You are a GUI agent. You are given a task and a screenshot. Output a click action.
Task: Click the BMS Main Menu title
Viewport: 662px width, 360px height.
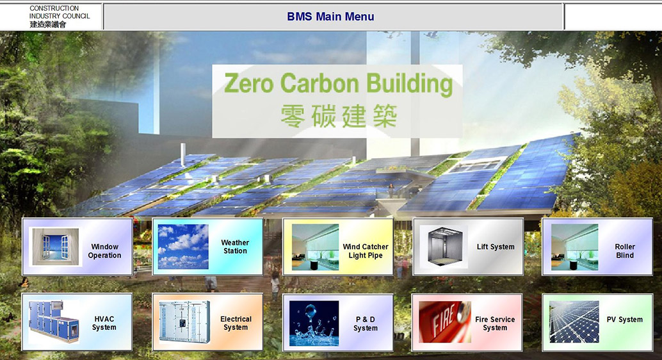tap(330, 17)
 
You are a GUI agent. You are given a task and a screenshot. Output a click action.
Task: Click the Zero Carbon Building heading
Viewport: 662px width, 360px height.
tap(338, 83)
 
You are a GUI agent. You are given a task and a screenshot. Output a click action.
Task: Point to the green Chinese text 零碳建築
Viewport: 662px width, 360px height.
tap(339, 116)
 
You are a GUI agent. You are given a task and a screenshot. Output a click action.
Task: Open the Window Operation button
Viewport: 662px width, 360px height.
tap(77, 247)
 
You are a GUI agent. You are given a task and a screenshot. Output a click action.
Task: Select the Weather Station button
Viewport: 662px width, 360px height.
tap(207, 247)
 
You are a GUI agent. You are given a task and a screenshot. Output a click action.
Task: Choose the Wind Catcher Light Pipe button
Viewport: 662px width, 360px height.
tap(338, 247)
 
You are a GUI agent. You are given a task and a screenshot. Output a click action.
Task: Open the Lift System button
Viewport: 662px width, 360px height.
tap(468, 247)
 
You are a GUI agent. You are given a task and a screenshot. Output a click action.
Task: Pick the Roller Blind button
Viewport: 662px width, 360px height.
tap(597, 247)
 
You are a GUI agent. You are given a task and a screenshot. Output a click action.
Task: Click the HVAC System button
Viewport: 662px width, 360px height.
tap(77, 322)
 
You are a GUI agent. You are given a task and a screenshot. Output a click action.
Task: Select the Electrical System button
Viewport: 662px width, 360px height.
tap(207, 322)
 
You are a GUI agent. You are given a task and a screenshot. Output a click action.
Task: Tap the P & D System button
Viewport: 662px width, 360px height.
tap(338, 323)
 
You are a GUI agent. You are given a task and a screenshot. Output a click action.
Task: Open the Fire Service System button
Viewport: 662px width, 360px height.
tap(467, 323)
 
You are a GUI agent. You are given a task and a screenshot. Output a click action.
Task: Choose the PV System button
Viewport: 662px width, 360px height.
tap(597, 323)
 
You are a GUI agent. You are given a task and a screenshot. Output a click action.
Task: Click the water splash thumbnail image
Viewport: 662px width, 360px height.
tap(314, 323)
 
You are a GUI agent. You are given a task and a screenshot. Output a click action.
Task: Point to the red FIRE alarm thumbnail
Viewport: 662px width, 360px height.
tap(445, 322)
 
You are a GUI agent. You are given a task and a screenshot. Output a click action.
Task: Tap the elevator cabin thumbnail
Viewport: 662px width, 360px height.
tap(444, 247)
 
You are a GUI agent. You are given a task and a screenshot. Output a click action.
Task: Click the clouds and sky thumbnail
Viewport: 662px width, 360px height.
tap(183, 247)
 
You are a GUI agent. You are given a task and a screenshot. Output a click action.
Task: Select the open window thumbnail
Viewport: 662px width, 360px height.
tap(55, 247)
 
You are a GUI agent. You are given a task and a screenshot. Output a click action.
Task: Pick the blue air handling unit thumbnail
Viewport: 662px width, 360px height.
tap(54, 322)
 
